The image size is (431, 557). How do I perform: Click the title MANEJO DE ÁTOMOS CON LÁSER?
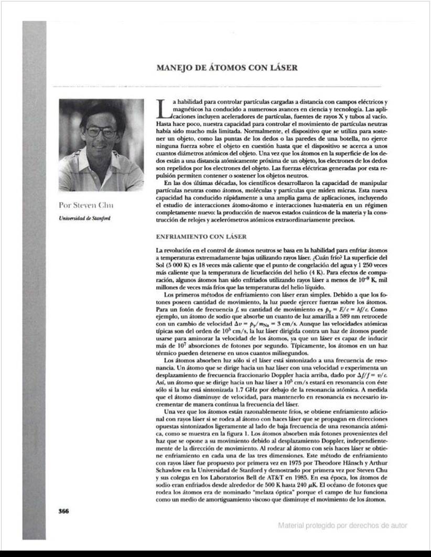click(228, 68)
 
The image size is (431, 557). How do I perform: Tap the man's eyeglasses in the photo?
click(100, 131)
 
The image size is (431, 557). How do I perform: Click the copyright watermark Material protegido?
click(342, 525)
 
